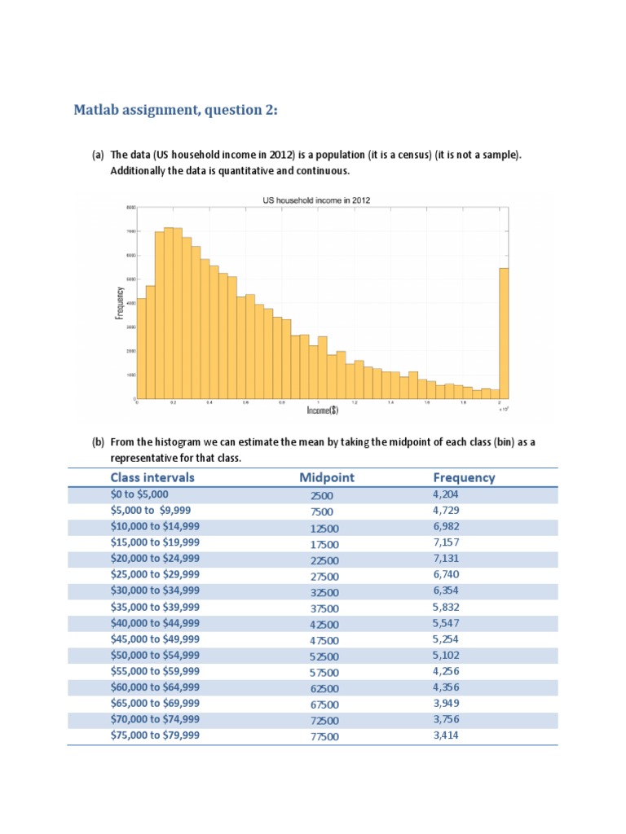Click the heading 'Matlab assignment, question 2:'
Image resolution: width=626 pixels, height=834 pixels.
[175, 110]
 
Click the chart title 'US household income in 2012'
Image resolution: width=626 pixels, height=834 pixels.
[314, 200]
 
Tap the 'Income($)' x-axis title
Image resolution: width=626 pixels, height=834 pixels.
[323, 410]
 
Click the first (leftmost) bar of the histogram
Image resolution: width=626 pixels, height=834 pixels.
[141, 349]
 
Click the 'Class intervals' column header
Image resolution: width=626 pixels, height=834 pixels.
[152, 478]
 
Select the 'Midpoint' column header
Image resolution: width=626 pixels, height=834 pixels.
[326, 478]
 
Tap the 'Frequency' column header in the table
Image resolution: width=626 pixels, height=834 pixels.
[464, 478]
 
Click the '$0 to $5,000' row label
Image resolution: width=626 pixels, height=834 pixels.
[141, 494]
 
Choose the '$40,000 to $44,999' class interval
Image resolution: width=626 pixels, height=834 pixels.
[155, 623]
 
